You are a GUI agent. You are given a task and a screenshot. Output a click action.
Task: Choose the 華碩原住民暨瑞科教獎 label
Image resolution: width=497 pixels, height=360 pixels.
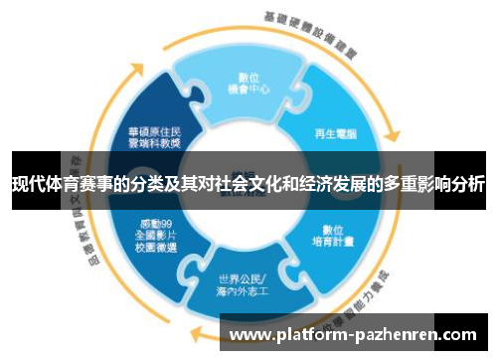tap(154, 136)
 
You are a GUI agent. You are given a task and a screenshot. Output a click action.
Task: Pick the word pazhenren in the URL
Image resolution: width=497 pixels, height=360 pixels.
tap(400, 336)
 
